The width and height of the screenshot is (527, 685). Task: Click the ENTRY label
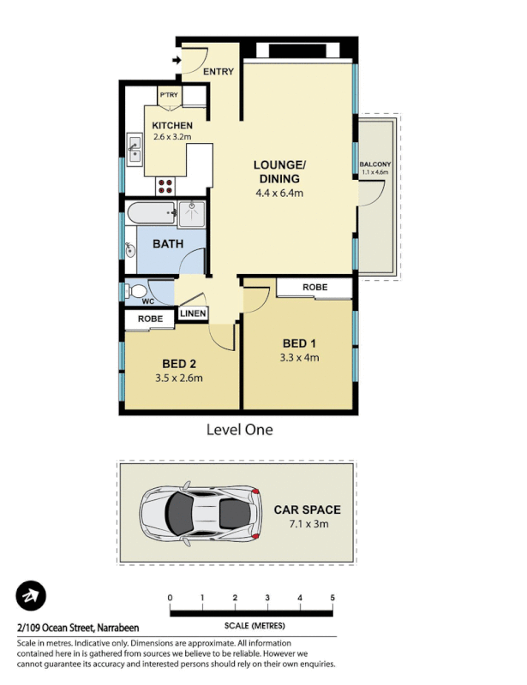coord(218,72)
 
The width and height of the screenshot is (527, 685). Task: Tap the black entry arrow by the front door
coord(176,60)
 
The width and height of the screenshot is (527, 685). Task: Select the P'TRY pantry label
coord(168,95)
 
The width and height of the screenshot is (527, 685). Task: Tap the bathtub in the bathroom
coord(150,211)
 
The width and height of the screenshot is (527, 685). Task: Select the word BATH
coord(168,244)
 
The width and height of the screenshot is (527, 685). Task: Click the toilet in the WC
coord(136,292)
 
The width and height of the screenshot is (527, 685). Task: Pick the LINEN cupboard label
coord(193,314)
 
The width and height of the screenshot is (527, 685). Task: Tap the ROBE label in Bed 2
coord(150,319)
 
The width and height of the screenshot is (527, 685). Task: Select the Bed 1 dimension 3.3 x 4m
coord(300,358)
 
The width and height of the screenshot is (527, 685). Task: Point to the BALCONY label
coord(374,164)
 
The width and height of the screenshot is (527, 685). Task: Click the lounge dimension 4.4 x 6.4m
coord(279,194)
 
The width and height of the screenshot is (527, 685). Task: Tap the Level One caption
coord(239,430)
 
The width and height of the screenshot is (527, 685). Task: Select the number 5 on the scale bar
coord(332,597)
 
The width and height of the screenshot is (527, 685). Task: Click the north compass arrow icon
coord(31,595)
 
